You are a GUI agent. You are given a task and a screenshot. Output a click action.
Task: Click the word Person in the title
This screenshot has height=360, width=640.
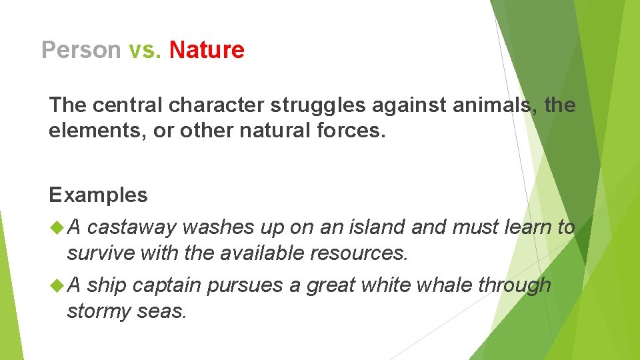tap(81, 50)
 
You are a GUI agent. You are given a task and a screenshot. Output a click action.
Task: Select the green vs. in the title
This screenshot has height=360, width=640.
tap(145, 50)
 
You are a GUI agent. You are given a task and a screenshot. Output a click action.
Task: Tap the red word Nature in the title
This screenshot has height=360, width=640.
tap(207, 50)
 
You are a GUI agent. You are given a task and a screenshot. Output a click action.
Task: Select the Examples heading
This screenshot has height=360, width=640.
tap(98, 195)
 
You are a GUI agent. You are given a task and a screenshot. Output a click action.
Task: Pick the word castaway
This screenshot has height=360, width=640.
tap(131, 227)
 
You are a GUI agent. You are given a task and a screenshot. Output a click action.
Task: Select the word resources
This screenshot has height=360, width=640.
tap(359, 253)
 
